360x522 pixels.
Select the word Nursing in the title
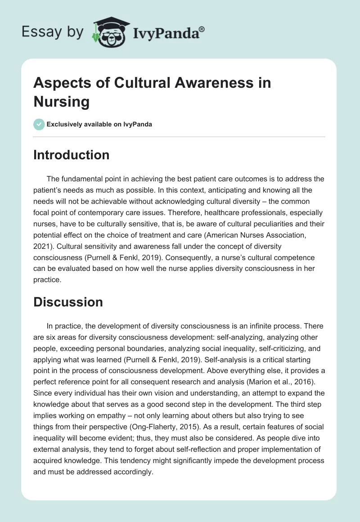click(x=62, y=101)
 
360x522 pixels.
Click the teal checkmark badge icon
click(x=39, y=124)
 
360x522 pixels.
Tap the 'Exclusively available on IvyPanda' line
click(x=99, y=124)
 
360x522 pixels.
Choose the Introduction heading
click(x=72, y=155)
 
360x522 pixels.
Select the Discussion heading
click(x=68, y=301)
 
